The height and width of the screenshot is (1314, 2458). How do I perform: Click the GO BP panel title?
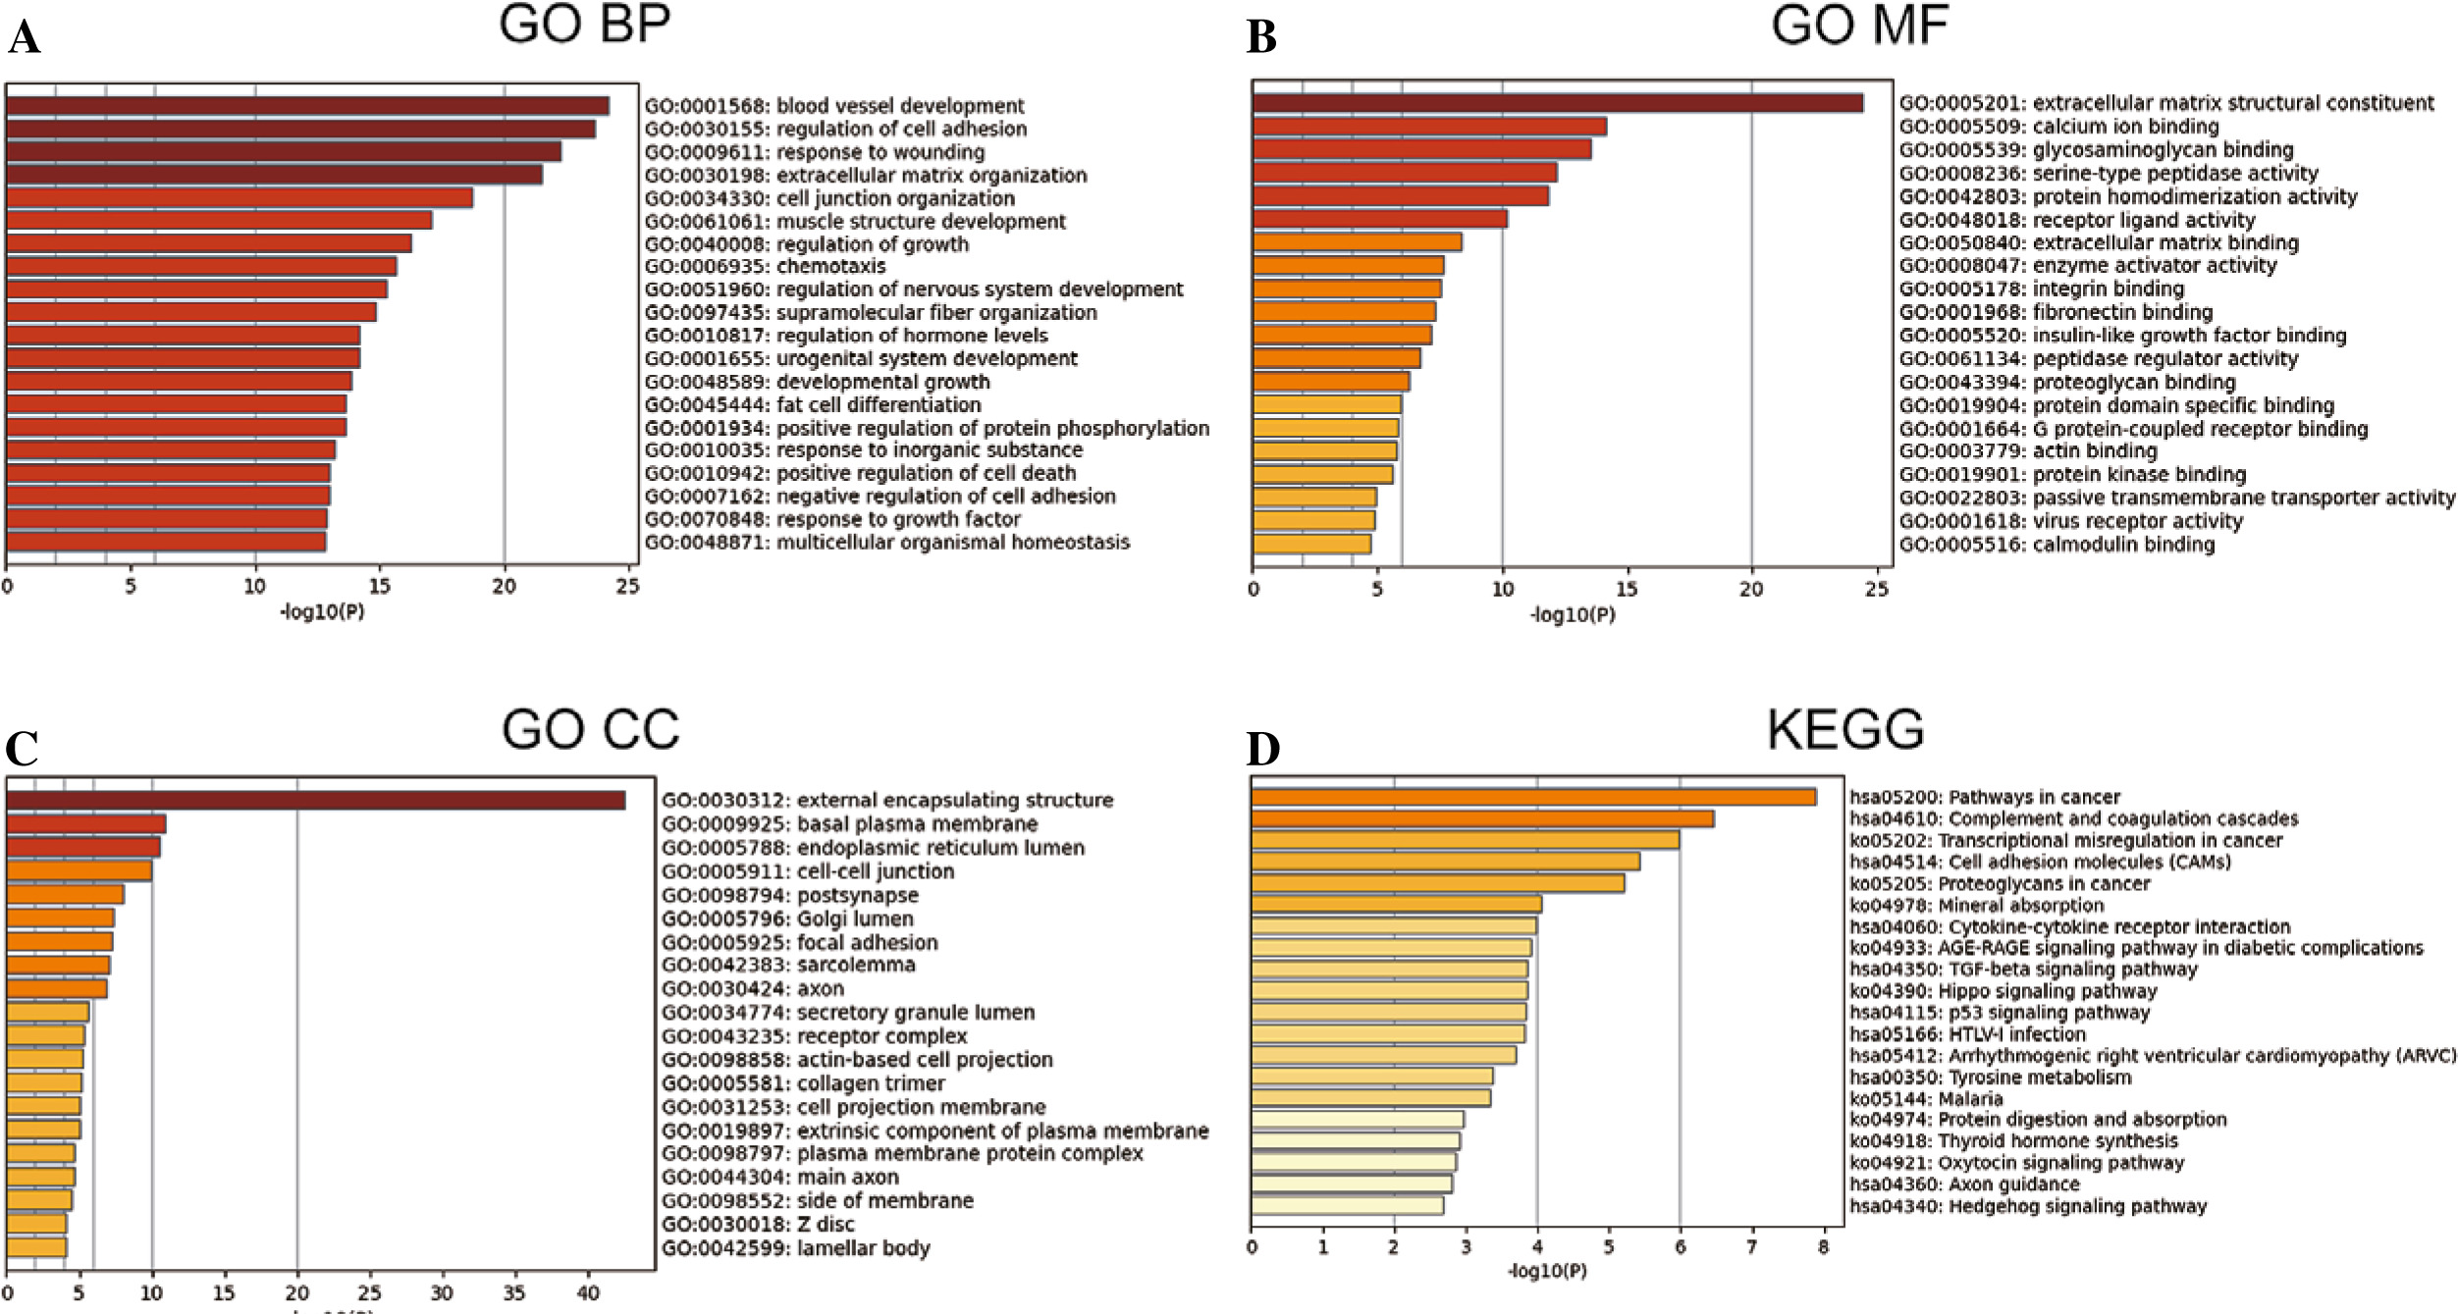tap(585, 25)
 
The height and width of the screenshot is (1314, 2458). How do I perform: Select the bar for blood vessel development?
tap(307, 106)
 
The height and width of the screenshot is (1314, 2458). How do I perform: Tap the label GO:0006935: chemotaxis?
tap(765, 267)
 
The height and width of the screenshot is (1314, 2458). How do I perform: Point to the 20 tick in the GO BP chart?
tap(504, 587)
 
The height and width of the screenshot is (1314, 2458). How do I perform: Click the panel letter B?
tap(1261, 38)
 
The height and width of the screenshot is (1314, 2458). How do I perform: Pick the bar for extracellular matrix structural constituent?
tap(1557, 103)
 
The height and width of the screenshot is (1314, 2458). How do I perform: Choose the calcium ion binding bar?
tap(1429, 127)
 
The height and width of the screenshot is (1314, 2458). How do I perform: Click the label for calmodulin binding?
tap(2057, 545)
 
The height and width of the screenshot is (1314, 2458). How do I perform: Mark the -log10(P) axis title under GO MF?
tap(1573, 615)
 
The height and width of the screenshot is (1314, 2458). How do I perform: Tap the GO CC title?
tap(590, 730)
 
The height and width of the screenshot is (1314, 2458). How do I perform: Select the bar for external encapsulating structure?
tap(315, 801)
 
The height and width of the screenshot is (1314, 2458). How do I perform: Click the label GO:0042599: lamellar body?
tap(795, 1248)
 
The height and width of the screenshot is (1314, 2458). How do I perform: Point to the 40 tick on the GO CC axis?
tap(587, 1293)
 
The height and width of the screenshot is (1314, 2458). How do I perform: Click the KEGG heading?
tap(1845, 730)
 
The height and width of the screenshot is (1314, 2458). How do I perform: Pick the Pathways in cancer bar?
tap(1533, 797)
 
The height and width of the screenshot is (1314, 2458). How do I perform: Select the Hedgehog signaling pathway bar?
tap(1347, 1206)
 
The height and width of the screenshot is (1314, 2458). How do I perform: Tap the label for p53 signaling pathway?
tap(2000, 1012)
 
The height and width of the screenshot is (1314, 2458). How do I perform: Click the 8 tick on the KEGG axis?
tap(1823, 1248)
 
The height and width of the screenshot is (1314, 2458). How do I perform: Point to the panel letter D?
tap(1263, 749)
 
